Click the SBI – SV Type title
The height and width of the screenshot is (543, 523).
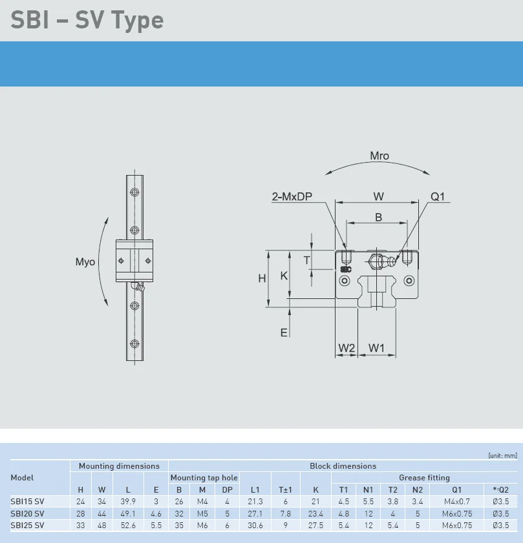click(x=87, y=20)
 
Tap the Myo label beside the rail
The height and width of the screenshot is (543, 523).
click(x=85, y=261)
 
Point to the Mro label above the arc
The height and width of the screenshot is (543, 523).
click(x=379, y=156)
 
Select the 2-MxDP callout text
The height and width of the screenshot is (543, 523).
click(x=292, y=197)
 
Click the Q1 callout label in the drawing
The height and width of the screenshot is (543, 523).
click(x=438, y=197)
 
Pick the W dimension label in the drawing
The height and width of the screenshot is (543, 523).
click(x=379, y=196)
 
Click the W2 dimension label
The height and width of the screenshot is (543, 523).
click(x=347, y=348)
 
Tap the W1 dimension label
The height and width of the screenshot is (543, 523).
click(x=376, y=348)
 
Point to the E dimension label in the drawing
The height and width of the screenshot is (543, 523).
click(x=283, y=333)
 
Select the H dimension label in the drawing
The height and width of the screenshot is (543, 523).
click(x=262, y=278)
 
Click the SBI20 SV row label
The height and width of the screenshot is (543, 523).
click(x=28, y=513)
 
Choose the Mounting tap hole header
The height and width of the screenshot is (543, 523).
click(x=204, y=478)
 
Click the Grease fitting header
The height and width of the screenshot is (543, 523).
click(x=424, y=478)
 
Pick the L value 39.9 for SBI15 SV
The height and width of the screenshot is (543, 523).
click(x=128, y=501)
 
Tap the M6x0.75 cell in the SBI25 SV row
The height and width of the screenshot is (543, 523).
click(x=458, y=526)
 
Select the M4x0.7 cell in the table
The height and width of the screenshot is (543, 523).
click(x=458, y=501)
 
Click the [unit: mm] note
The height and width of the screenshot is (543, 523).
click(x=502, y=455)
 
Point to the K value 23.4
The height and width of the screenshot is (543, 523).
click(x=315, y=513)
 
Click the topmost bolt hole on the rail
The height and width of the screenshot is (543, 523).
click(x=134, y=192)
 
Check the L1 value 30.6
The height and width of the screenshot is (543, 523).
click(x=255, y=526)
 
